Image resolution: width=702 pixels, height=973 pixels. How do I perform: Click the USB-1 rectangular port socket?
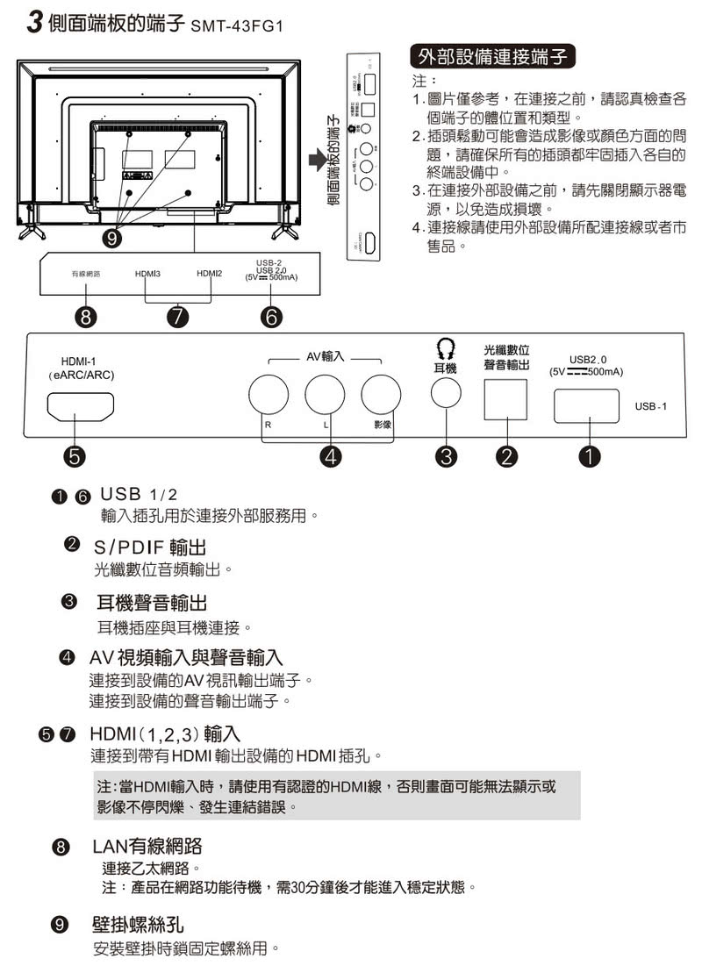pos(588,405)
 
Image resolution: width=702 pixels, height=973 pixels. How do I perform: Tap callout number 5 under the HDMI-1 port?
pos(75,455)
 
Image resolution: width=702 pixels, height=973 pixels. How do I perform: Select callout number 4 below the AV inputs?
pos(331,455)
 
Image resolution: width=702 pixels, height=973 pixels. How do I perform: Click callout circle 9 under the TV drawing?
pos(113,238)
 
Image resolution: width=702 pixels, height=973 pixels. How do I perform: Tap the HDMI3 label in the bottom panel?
pos(147,274)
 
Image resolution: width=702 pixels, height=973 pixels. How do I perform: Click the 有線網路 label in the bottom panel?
pos(85,274)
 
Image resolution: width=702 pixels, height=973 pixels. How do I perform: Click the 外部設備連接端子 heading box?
pos(494,58)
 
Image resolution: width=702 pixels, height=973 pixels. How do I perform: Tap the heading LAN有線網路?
pos(147,847)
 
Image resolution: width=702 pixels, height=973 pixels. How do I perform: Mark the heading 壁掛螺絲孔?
pos(138,926)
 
